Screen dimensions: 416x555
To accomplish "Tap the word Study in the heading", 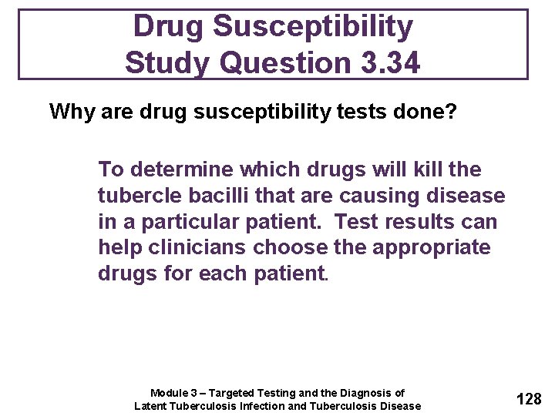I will point(163,62).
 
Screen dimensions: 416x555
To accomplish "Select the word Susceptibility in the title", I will point(313,26).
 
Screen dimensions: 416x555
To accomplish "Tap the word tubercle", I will point(133,196).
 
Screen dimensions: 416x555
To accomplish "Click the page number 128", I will point(529,398).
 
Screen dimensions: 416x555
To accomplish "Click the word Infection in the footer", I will point(258,406).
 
